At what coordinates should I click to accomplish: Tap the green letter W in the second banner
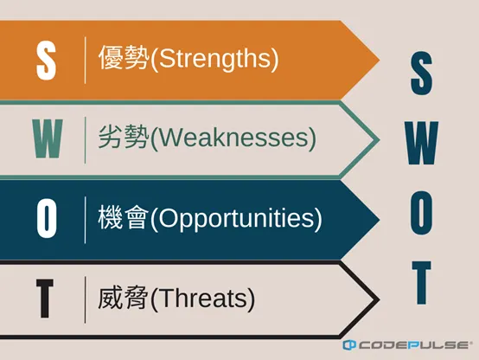46,138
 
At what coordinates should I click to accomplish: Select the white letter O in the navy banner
46,219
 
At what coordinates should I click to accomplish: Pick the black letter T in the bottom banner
46,299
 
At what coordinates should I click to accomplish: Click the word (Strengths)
214,60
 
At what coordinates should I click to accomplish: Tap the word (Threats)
202,299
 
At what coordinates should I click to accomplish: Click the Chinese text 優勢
124,60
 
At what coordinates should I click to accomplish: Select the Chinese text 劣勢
124,138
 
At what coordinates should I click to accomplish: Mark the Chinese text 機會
124,219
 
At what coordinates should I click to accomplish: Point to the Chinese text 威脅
124,299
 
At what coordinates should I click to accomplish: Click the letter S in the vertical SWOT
420,75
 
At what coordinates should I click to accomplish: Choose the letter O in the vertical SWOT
420,215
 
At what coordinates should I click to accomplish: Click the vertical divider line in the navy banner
85,219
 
